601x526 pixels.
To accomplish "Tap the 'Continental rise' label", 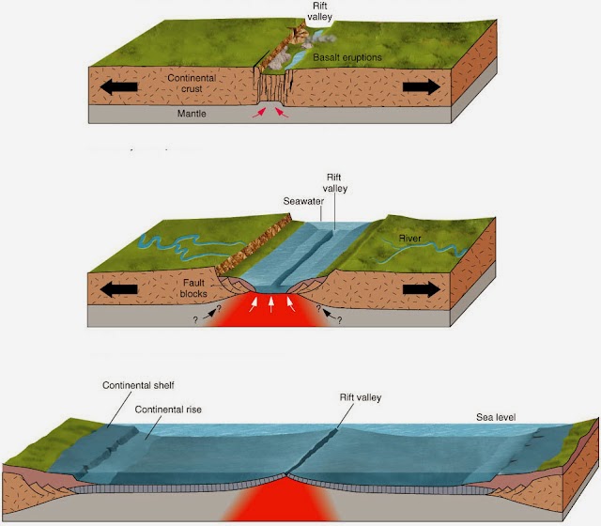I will (x=173, y=410).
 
